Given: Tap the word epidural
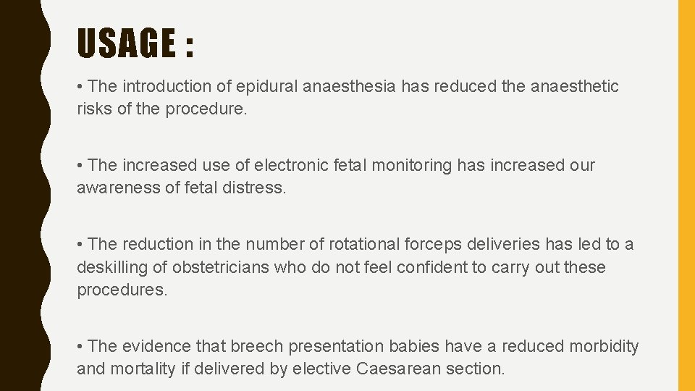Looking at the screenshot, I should click(274, 87).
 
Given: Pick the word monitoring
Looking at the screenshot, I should click(411, 166).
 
